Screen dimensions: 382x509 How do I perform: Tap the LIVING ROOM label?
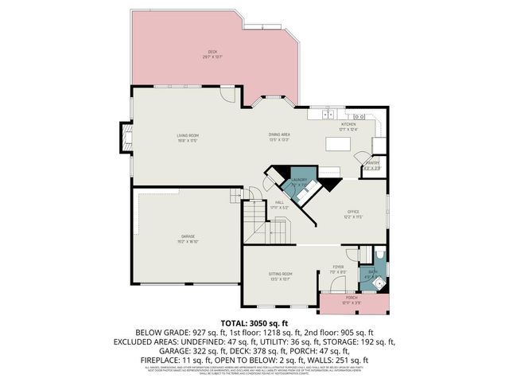[x=188, y=138]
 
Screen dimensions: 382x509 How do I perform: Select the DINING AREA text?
[x=279, y=137]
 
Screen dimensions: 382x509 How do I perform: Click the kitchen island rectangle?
[x=337, y=144]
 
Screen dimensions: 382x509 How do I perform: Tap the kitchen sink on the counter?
[x=348, y=116]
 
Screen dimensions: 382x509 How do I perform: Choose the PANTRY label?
[x=372, y=165]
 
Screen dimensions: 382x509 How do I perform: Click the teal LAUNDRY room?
[x=299, y=182]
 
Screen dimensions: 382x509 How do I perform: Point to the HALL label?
[x=280, y=205]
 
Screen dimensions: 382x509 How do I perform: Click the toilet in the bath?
[x=377, y=256]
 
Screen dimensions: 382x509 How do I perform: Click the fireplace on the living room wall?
[x=125, y=138]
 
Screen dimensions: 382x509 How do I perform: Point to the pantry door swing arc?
[x=362, y=155]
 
